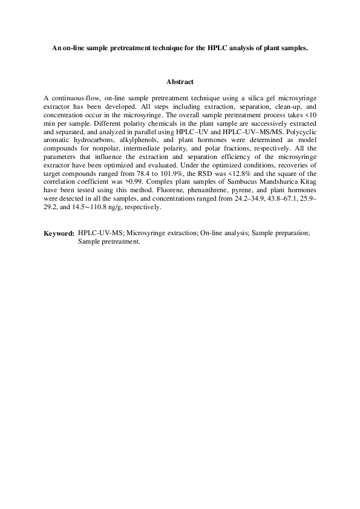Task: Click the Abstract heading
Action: (179, 82)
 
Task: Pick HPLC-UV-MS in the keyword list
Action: (102, 233)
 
